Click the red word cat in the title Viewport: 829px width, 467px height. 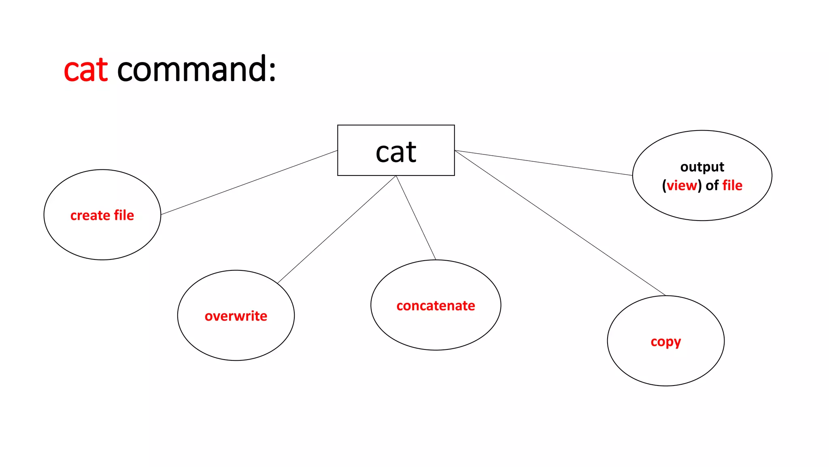(86, 70)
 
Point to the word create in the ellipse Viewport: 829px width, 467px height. (90, 215)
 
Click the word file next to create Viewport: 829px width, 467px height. (124, 215)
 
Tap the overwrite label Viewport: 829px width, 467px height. (236, 316)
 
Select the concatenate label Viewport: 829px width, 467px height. (436, 306)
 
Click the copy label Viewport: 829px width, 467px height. (665, 342)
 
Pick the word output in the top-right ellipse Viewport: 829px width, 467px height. (702, 167)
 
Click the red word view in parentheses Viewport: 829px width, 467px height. (682, 186)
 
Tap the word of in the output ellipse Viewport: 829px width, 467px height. (712, 186)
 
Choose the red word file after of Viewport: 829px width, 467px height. (732, 186)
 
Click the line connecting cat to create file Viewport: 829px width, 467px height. (249, 182)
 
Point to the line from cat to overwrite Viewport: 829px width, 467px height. (337, 229)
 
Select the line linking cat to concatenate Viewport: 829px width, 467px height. (416, 218)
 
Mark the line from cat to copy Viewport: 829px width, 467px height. (560, 223)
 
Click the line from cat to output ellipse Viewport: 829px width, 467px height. (543, 163)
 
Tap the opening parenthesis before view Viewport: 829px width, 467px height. (664, 186)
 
